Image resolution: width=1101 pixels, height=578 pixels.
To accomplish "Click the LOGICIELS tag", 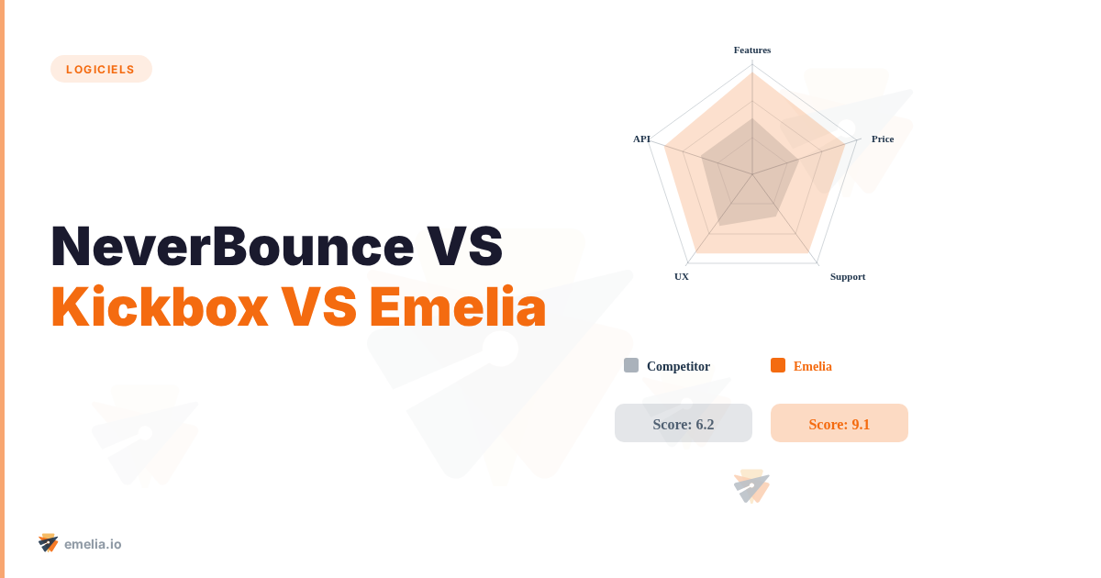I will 101,69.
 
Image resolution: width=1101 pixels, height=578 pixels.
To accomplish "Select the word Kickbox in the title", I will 159,307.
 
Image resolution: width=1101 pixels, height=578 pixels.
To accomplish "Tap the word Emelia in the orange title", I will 457,307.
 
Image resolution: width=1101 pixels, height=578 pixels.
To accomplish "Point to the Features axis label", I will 752,50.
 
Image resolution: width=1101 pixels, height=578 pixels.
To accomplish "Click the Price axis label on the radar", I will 882,139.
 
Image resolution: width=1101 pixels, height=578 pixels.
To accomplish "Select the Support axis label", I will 847,276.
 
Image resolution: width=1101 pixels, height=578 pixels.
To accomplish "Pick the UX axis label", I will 682,276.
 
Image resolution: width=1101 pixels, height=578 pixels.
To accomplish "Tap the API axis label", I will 641,139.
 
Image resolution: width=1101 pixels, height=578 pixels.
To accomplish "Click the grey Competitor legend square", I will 631,365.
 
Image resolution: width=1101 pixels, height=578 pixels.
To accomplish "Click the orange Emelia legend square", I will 778,365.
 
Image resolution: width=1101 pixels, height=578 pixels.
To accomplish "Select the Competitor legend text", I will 678,366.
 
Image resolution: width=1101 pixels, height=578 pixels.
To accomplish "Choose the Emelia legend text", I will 812,366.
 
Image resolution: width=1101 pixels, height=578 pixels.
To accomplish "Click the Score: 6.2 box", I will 684,424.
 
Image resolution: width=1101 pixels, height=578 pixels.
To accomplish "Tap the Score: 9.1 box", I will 840,424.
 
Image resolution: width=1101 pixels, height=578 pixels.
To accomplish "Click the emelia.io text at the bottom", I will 93,544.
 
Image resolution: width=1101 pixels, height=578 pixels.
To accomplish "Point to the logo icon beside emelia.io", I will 49,543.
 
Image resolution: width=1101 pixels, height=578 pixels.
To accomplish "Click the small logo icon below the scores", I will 751,486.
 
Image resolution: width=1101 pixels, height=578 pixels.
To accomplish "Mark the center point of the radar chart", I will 752,174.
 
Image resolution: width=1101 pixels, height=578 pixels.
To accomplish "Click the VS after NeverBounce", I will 466,246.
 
